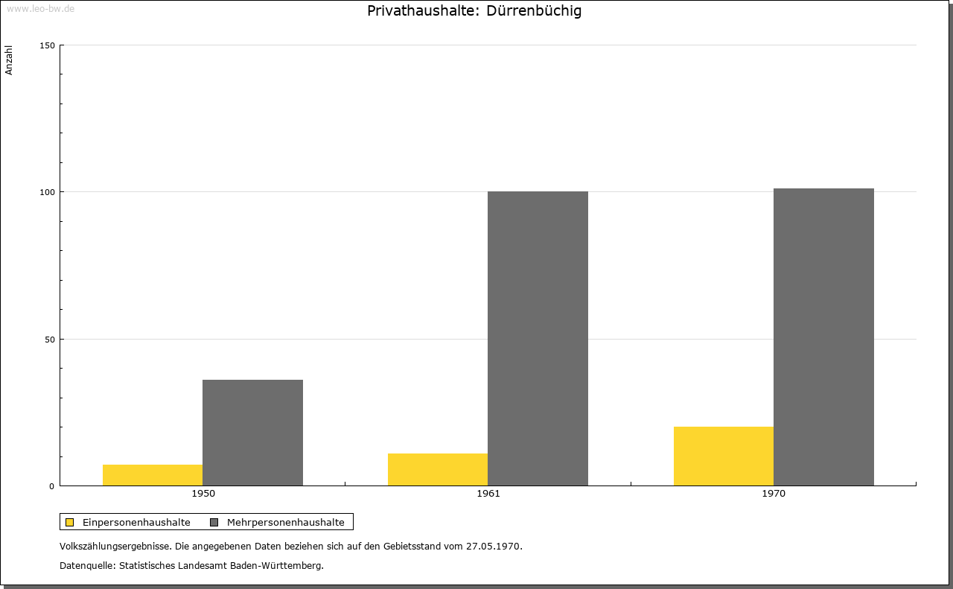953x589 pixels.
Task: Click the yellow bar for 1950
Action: [153, 475]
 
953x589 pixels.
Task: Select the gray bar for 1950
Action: [252, 433]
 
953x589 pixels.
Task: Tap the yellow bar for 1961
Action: [438, 469]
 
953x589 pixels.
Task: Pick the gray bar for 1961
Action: [538, 338]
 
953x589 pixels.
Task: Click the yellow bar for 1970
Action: [724, 456]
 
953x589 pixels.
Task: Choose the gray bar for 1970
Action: [823, 337]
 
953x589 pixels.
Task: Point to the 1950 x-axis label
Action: [203, 494]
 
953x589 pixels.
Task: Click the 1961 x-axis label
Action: [488, 494]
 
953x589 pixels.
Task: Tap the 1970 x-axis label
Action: [774, 494]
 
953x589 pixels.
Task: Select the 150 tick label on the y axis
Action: [47, 45]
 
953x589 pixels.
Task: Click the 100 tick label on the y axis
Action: [47, 192]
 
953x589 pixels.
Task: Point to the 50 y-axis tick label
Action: [50, 340]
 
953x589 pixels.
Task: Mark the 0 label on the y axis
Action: [52, 486]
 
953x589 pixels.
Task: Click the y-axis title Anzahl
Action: [8, 60]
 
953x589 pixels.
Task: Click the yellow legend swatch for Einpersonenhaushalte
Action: [69, 522]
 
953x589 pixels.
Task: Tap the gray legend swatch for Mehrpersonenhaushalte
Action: [214, 522]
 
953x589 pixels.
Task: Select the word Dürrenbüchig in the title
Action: [534, 10]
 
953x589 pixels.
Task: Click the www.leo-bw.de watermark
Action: [41, 9]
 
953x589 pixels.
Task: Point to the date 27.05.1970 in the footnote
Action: [493, 547]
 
